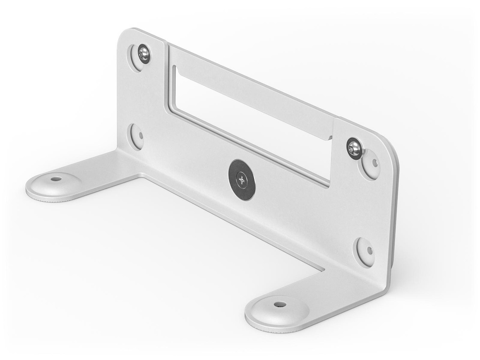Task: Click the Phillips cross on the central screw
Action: click(242, 179)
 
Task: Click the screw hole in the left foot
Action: click(56, 179)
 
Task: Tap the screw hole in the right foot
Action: click(280, 304)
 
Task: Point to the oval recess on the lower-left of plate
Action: click(136, 136)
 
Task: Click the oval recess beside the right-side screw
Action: click(371, 164)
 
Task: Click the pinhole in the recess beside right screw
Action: click(374, 164)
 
